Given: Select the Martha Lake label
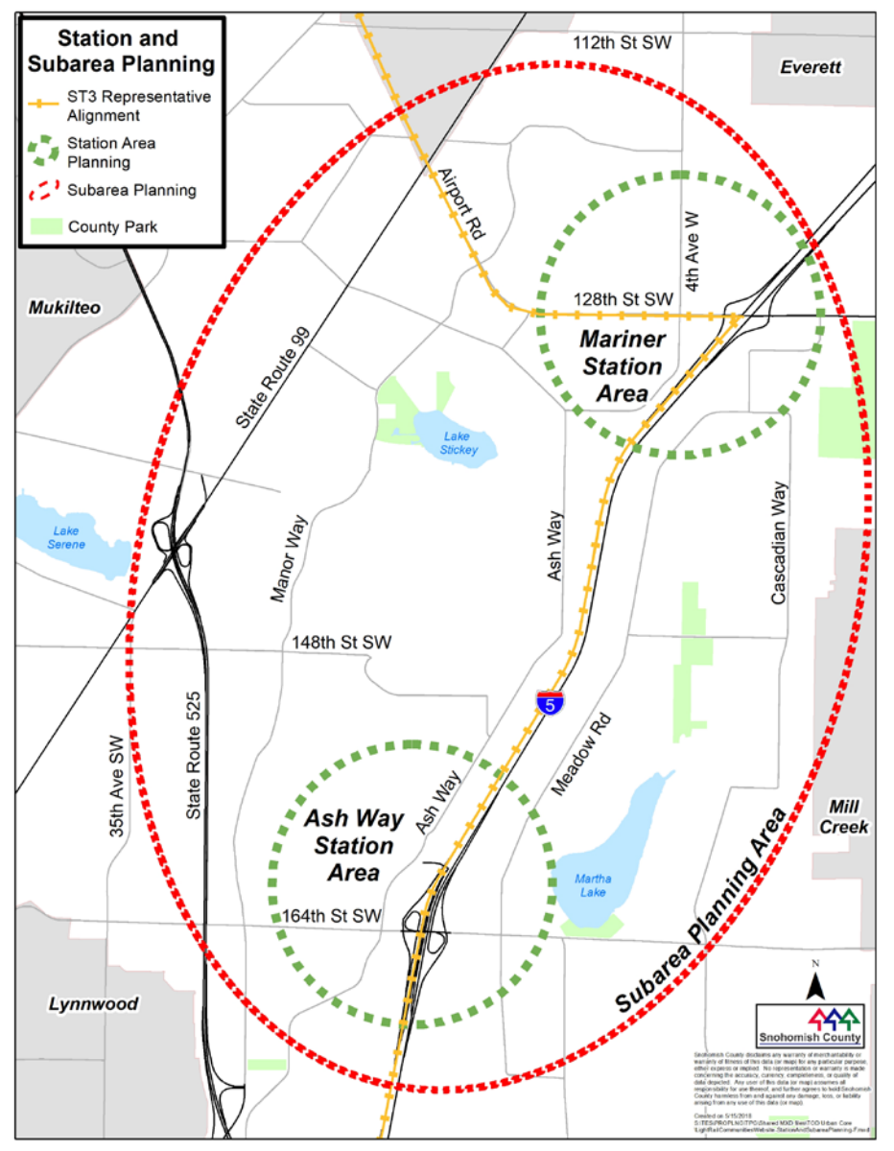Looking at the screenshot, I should point(592,885).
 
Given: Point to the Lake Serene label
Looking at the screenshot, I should point(68,538).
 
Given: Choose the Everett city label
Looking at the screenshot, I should point(810,67).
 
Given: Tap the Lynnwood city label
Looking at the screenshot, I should point(94,1004).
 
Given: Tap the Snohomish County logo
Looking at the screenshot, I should point(811,1024).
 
